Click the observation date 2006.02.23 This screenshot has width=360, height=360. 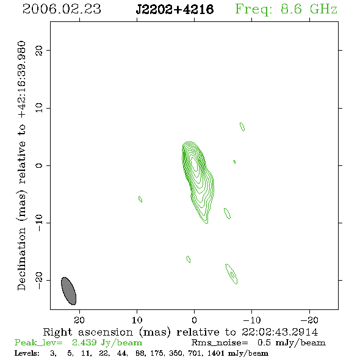click(x=62, y=9)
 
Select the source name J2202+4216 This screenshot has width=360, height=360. click(x=175, y=10)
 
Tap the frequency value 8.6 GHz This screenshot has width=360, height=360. click(x=309, y=9)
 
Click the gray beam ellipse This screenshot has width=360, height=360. click(x=69, y=291)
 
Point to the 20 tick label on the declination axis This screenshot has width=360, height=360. click(x=39, y=51)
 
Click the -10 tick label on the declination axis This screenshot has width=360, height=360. click(x=39, y=223)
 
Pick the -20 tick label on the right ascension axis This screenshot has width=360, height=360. click(x=309, y=320)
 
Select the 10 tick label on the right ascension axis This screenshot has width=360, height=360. click(x=137, y=320)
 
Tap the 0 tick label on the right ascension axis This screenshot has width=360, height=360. click(x=194, y=320)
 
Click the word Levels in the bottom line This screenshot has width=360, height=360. click(x=27, y=353)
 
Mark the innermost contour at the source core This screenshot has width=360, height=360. click(x=195, y=164)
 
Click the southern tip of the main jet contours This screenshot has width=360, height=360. click(x=207, y=223)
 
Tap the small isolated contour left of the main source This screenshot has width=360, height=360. click(x=140, y=199)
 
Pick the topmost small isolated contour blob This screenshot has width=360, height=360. click(x=242, y=127)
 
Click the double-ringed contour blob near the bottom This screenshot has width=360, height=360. click(x=232, y=274)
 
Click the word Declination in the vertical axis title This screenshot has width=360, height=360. click(x=21, y=259)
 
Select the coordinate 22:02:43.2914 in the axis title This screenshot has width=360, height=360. click(x=279, y=332)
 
